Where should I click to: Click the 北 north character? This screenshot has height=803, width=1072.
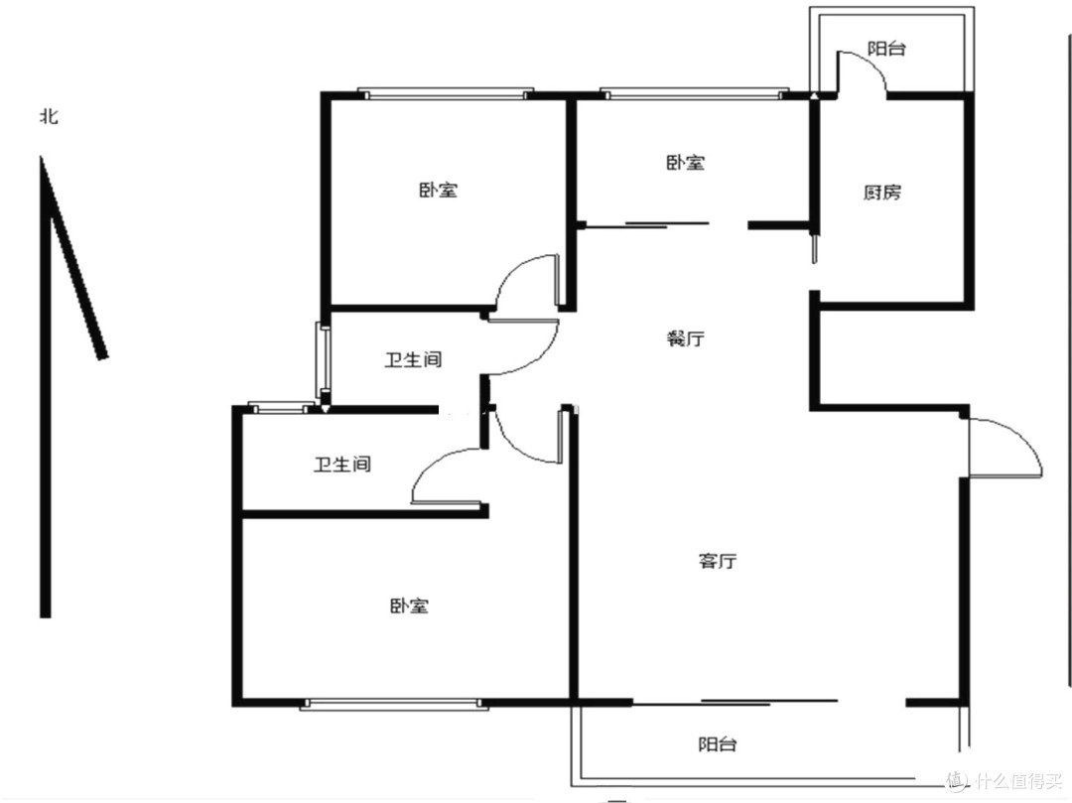[x=49, y=116]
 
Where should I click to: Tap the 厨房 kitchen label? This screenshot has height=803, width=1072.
[x=882, y=192]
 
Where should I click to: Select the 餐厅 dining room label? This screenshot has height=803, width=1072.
[x=686, y=337]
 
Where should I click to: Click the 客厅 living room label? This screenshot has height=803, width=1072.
[x=718, y=561]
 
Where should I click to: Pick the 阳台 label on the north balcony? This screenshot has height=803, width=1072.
[x=886, y=49]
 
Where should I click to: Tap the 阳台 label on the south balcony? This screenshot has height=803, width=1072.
[x=718, y=744]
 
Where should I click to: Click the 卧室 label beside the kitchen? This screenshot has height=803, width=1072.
[x=686, y=163]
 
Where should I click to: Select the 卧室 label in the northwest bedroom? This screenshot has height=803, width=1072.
[x=439, y=190]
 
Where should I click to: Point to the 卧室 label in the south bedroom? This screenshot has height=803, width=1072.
[x=410, y=605]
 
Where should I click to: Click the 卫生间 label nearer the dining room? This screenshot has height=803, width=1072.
[x=413, y=359]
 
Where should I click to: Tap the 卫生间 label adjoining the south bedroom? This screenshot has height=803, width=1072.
[x=342, y=465]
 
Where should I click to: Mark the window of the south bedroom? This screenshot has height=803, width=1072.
[x=394, y=704]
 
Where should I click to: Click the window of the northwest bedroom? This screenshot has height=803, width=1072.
[x=446, y=93]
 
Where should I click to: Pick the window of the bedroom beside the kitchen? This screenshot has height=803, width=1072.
[x=695, y=93]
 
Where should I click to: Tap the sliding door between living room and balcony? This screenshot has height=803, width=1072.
[x=735, y=702]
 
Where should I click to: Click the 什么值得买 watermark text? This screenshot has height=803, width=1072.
[x=1018, y=780]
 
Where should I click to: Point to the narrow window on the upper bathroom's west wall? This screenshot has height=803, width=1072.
[x=323, y=360]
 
